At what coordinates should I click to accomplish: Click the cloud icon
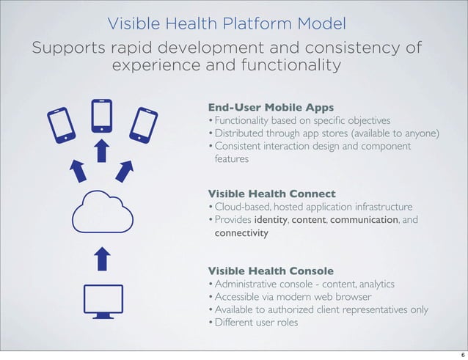(102, 213)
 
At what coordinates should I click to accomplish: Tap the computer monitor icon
(102, 301)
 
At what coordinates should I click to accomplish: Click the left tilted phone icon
(61, 125)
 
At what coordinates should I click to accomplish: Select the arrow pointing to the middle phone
(102, 153)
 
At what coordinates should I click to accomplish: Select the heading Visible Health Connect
(271, 194)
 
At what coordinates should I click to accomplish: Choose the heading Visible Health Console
(271, 271)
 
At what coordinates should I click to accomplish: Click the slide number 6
(455, 351)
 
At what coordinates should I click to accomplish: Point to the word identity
(271, 220)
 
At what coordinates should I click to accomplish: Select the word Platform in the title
(234, 23)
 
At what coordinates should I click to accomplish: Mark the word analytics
(376, 284)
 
